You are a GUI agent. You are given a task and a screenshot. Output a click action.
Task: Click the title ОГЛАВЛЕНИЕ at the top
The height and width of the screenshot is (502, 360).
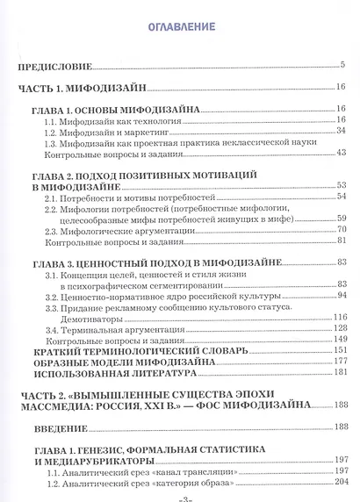click(181, 25)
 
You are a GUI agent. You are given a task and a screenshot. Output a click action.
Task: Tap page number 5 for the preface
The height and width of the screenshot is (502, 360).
click(342, 65)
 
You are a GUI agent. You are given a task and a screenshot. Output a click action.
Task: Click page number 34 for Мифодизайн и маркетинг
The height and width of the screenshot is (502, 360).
click(341, 131)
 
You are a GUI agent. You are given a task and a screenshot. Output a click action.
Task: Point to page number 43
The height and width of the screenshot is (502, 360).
click(341, 153)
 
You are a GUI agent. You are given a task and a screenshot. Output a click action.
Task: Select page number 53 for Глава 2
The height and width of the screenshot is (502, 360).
click(341, 185)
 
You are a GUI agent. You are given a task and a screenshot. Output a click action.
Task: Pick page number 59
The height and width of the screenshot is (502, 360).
click(341, 219)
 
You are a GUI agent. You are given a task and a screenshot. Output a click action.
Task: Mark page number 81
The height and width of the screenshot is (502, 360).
click(341, 240)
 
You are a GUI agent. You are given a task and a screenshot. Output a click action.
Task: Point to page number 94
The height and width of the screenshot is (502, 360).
click(341, 295)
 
